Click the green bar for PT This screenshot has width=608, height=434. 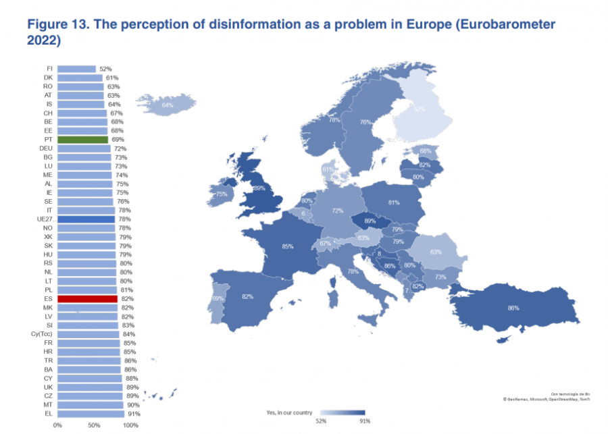[x=82, y=140]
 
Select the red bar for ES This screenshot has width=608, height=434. [x=87, y=298]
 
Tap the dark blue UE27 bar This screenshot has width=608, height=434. [x=86, y=219]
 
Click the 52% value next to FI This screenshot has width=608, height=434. [x=105, y=69]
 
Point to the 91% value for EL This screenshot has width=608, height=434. [x=133, y=413]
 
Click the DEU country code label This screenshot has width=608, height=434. [x=45, y=148]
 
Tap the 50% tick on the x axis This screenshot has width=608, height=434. [x=95, y=426]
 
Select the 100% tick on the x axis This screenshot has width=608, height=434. [x=130, y=426]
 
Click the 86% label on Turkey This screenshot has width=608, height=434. [x=513, y=308]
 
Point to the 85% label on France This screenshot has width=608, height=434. [x=288, y=246]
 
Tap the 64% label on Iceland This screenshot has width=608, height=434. [x=167, y=105]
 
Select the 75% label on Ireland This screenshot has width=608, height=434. [x=221, y=194]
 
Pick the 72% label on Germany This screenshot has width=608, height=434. [x=337, y=211]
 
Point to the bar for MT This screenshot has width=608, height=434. [x=90, y=404]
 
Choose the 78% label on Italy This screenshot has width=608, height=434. [x=353, y=271]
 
